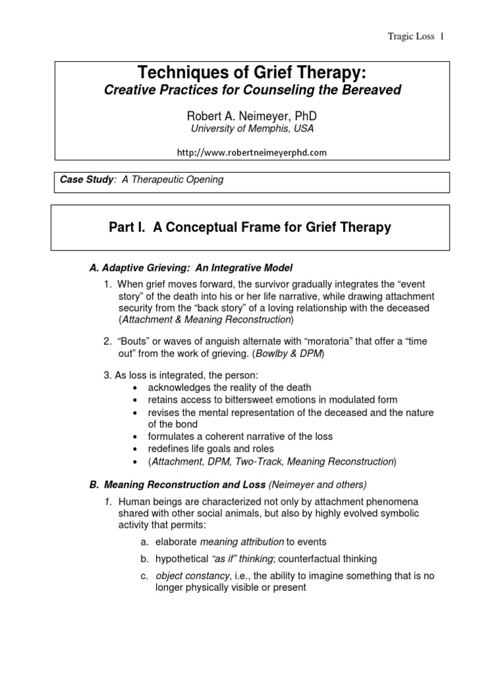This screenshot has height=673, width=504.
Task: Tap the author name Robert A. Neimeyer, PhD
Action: (x=252, y=116)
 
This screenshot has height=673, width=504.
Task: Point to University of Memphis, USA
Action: (x=252, y=129)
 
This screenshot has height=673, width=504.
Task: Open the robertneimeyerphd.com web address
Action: (x=252, y=152)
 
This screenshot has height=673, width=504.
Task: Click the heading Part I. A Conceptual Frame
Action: (x=249, y=228)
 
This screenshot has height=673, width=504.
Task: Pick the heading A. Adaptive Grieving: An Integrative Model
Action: (x=190, y=267)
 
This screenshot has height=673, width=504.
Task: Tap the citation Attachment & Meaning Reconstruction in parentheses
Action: (x=206, y=319)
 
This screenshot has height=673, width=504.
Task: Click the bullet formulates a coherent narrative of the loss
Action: (x=242, y=437)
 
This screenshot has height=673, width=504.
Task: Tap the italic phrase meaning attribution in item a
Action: (x=242, y=542)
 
